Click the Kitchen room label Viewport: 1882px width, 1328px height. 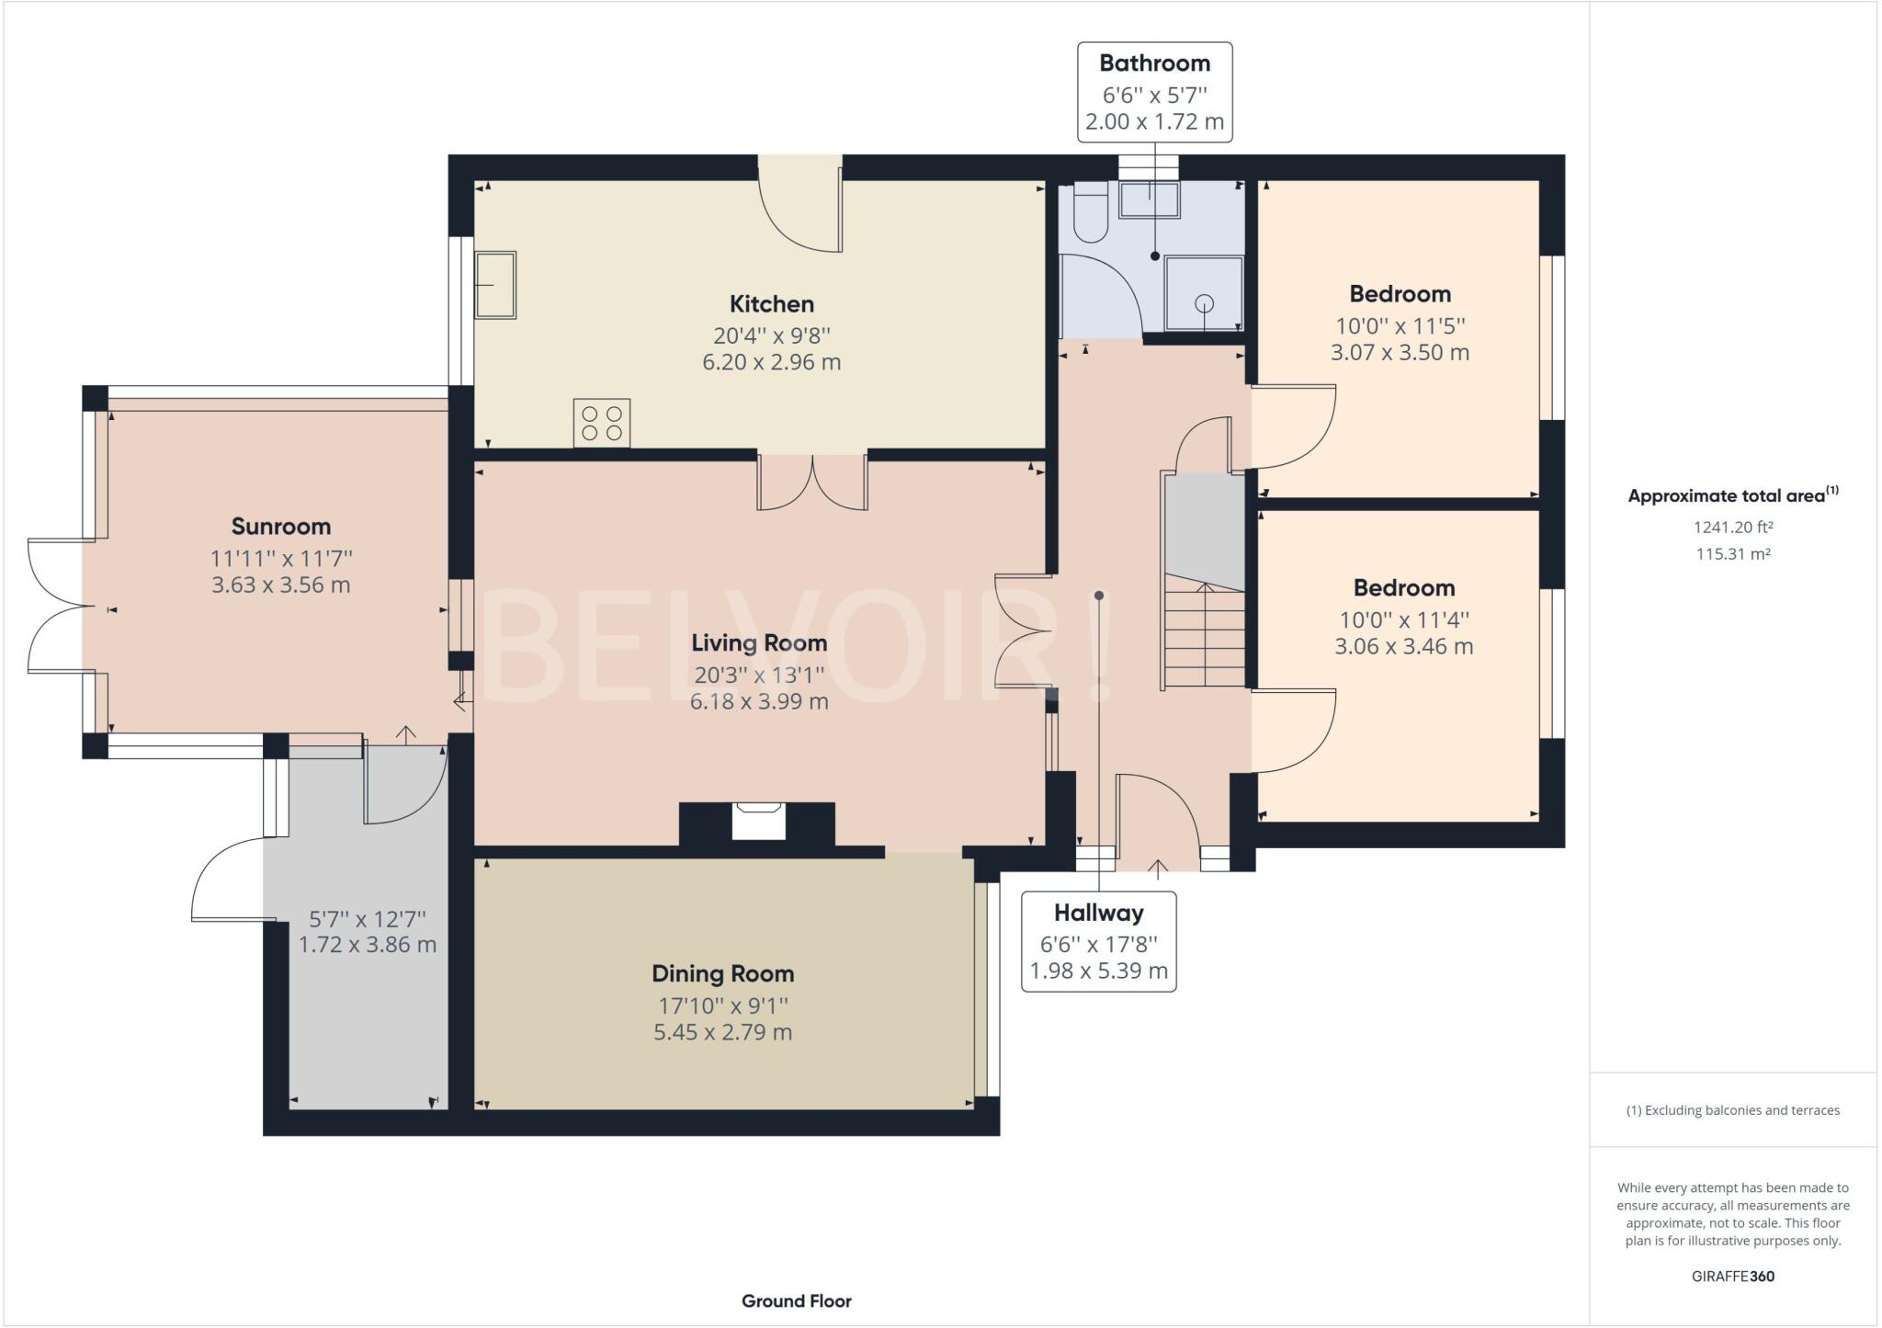[x=771, y=304]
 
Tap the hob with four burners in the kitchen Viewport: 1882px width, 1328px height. [x=602, y=423]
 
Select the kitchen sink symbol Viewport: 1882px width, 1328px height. [x=494, y=285]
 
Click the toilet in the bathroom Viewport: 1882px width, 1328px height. [x=1091, y=213]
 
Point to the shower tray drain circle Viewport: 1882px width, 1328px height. [x=1204, y=303]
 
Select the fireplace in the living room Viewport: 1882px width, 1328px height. [x=758, y=821]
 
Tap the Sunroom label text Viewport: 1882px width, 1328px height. [x=280, y=527]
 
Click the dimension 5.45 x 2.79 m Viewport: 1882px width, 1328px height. [x=722, y=1032]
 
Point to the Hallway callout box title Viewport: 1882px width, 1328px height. [x=1098, y=913]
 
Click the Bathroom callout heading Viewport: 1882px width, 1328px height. [x=1154, y=63]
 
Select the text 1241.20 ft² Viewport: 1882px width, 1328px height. [x=1732, y=528]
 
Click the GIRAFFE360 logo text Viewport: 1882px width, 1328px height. [x=1732, y=1276]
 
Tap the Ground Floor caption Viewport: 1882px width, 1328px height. [x=796, y=1300]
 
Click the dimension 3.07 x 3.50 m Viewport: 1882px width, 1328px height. [x=1400, y=353]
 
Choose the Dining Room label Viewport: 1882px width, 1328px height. [x=722, y=973]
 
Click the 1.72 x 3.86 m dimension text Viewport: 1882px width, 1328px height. [x=367, y=945]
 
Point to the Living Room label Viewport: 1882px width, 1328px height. [x=759, y=643]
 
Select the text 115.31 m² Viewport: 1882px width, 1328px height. [x=1732, y=554]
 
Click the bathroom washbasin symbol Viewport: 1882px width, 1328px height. [x=1149, y=199]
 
